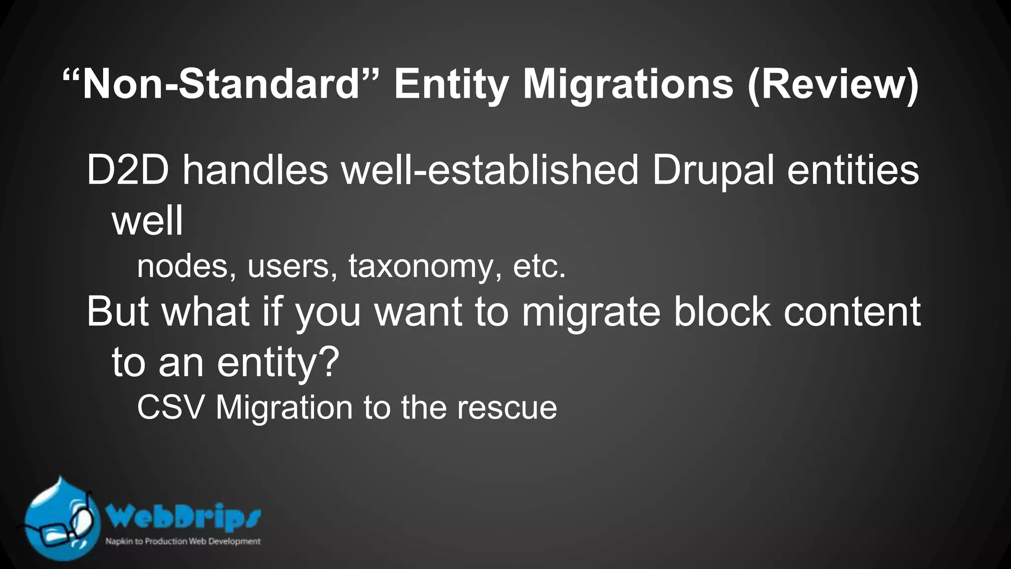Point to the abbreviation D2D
(x=128, y=170)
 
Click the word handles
(x=255, y=170)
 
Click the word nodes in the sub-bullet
(x=182, y=266)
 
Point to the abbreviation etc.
(x=539, y=266)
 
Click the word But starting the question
(x=118, y=312)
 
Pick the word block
(x=722, y=312)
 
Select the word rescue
(x=507, y=408)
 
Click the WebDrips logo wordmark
(x=183, y=518)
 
